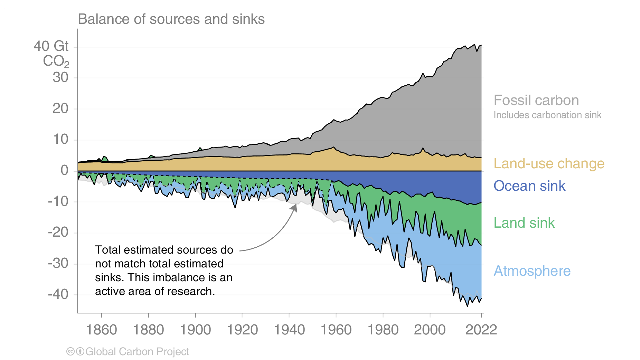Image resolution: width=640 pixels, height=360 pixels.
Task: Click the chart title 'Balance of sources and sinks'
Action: pyautogui.click(x=171, y=19)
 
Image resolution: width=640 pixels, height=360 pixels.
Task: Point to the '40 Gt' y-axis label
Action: pyautogui.click(x=51, y=46)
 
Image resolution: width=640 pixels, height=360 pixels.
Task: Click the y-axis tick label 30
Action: pyautogui.click(x=60, y=77)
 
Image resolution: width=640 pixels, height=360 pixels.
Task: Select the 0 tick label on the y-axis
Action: pyautogui.click(x=64, y=170)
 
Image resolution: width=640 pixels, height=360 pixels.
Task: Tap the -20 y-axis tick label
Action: pyautogui.click(x=58, y=232)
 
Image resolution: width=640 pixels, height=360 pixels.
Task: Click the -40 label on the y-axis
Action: pyautogui.click(x=58, y=294)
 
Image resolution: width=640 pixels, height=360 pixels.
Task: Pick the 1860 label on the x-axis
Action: pyautogui.click(x=101, y=330)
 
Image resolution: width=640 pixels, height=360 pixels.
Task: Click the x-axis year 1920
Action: pyautogui.click(x=242, y=330)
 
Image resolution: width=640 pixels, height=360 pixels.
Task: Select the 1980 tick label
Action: pyautogui.click(x=383, y=330)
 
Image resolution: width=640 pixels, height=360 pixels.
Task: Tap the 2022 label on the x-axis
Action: pyautogui.click(x=481, y=330)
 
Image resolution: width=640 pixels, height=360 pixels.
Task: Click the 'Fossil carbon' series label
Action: pyautogui.click(x=536, y=100)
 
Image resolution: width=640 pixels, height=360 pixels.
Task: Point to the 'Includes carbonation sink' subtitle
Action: pyautogui.click(x=547, y=115)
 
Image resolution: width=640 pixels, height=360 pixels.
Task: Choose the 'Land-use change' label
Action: pyautogui.click(x=549, y=163)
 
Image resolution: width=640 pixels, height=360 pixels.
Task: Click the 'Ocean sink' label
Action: pyautogui.click(x=529, y=186)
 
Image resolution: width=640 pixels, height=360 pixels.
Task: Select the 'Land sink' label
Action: pyautogui.click(x=524, y=223)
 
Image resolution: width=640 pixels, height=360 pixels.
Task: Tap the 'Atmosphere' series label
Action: pyautogui.click(x=532, y=271)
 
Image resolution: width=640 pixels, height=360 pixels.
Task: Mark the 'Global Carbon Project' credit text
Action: pyautogui.click(x=137, y=352)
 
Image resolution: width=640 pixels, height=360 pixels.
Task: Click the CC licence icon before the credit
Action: pyautogui.click(x=70, y=352)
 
